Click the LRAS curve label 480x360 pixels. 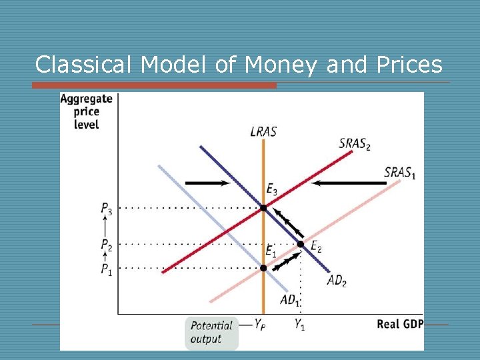point(263,131)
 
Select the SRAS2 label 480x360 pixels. point(355,144)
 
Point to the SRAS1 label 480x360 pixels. point(400,172)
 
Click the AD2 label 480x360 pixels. point(337,280)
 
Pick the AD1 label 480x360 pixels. point(289,301)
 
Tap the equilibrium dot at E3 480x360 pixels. point(263,208)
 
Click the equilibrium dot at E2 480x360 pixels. point(301,245)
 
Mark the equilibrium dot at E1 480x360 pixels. point(263,268)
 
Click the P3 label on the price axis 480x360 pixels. point(107,209)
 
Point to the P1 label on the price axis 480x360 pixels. point(107,269)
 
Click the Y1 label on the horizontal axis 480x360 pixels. point(301,325)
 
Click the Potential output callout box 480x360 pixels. point(211,332)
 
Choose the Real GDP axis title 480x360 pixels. point(399,325)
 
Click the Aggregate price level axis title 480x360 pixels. point(86,111)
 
